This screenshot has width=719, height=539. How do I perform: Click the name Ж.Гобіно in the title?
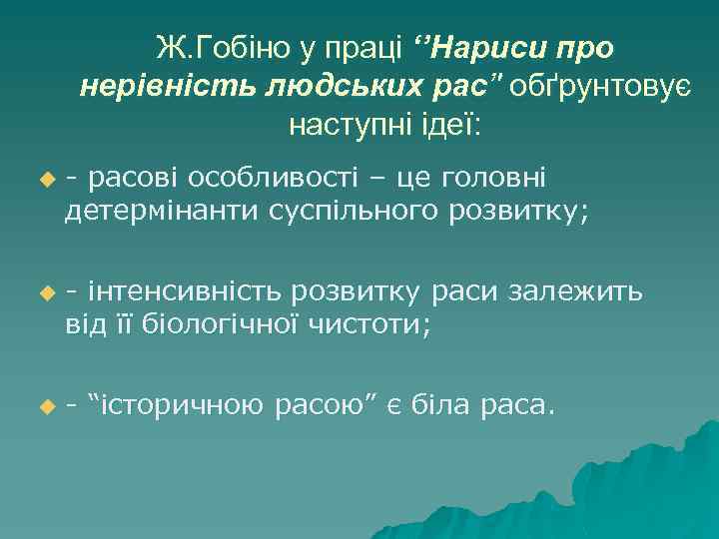click(212, 47)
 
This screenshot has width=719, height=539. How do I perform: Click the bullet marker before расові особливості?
click(44, 181)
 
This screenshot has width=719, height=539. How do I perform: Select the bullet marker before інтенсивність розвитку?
click(44, 294)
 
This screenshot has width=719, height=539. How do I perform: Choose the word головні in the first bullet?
click(508, 180)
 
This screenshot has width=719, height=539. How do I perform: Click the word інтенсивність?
click(187, 292)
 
